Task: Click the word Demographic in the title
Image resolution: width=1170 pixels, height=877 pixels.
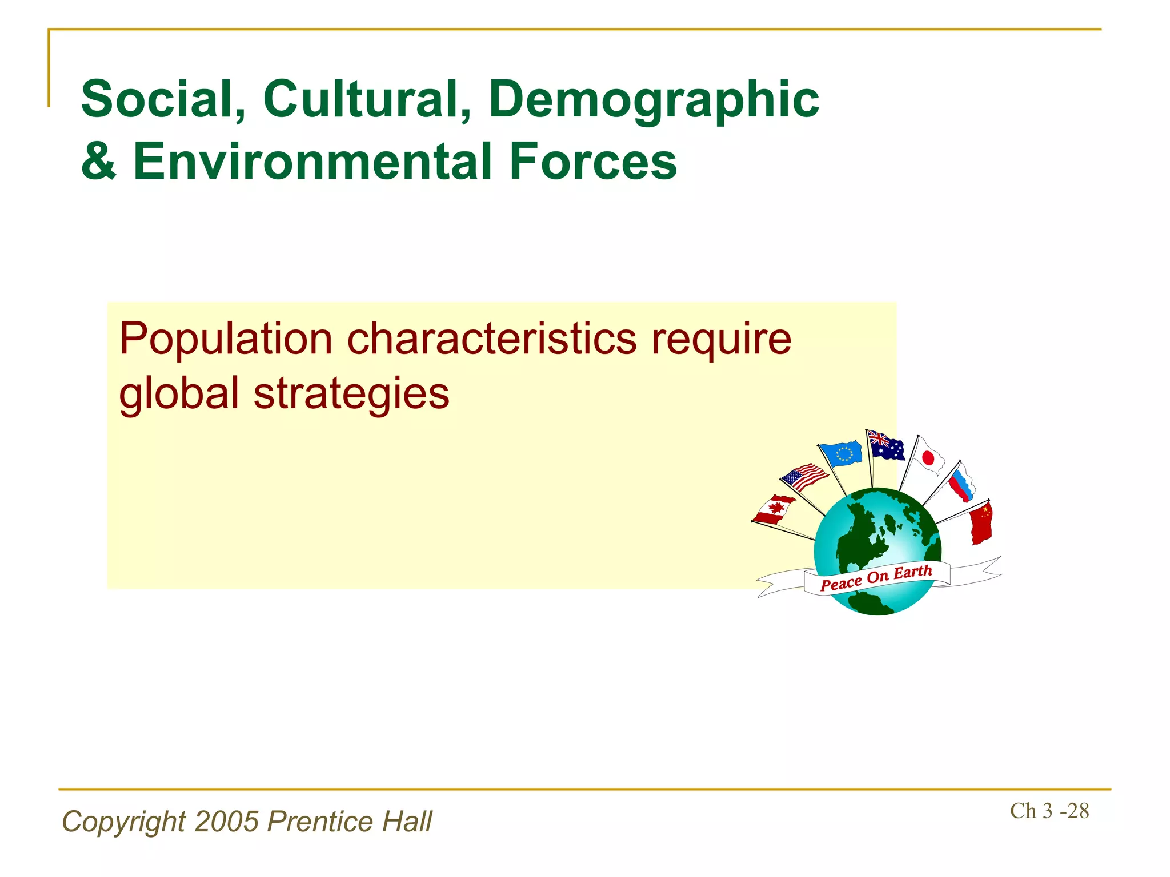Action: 654,99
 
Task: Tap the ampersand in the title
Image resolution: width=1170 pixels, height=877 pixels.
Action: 99,162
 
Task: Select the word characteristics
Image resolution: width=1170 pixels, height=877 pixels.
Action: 492,339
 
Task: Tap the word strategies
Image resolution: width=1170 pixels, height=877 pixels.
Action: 351,394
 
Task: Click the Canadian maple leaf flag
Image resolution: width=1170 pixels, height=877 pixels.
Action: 774,509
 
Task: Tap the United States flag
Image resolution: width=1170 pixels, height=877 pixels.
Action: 804,476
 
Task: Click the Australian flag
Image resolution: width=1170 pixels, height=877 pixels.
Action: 885,446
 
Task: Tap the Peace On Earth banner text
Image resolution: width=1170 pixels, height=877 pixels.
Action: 876,577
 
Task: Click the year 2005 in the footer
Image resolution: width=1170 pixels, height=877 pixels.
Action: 227,822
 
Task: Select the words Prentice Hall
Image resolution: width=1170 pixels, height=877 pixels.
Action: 350,822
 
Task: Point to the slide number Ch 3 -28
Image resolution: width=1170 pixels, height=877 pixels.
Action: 1049,811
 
